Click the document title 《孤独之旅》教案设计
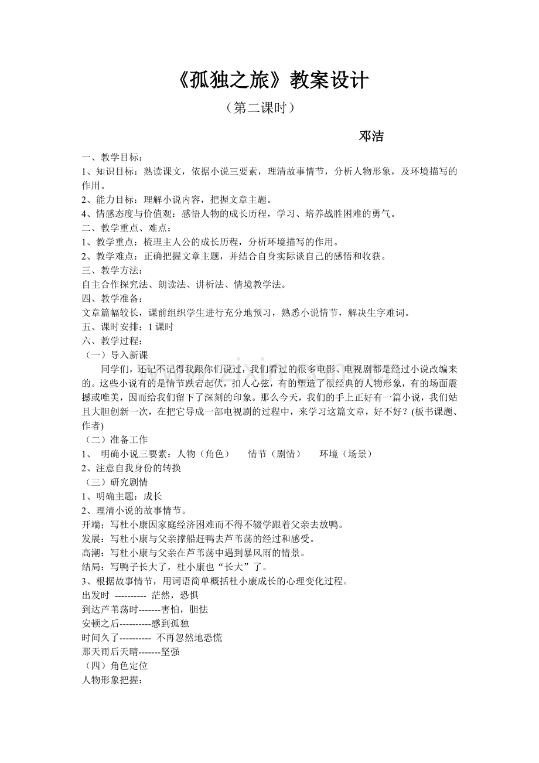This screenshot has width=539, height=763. pos(272,81)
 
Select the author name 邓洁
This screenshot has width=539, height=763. pos(371,136)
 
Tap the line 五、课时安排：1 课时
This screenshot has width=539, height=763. pos(128,327)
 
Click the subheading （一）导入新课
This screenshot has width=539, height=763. pos(114,355)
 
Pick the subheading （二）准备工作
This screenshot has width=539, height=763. pos(114,440)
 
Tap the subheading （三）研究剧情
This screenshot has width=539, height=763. pos(114,482)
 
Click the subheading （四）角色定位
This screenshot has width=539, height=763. pos(114,666)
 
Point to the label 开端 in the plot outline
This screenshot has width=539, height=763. pos(91,524)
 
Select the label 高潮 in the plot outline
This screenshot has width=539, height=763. pos(91,553)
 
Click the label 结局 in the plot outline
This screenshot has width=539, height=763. pos(91,567)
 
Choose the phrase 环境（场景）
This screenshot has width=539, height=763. pos(346,454)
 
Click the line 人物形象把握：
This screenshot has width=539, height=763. pos(112,680)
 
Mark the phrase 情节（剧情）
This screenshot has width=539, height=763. pos(274,454)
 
